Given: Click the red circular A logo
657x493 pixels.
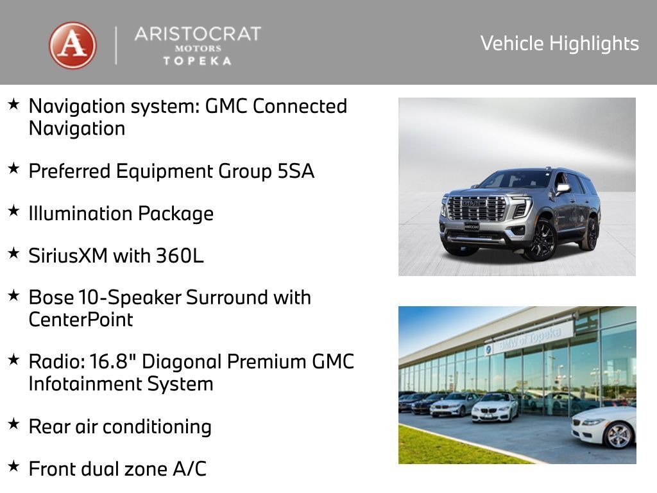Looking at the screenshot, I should click(x=73, y=46).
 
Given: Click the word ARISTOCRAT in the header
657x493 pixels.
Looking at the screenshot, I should click(x=198, y=34).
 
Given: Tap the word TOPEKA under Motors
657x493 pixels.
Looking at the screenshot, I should click(x=197, y=60).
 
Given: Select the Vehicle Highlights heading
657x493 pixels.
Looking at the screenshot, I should click(x=559, y=44).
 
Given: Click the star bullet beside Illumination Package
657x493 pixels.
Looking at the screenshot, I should click(x=13, y=211).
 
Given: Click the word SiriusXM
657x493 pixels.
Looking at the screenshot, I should click(x=68, y=255).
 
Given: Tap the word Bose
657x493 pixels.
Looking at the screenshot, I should click(x=51, y=298).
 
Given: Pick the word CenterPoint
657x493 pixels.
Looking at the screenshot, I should click(x=81, y=320).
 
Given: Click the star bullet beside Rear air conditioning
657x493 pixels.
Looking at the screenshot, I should click(x=13, y=424).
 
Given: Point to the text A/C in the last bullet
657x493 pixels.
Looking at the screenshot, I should click(x=190, y=469).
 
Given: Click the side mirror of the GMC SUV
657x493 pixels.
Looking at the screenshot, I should click(x=563, y=188).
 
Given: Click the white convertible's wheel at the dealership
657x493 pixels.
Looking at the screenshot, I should click(x=619, y=436).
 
